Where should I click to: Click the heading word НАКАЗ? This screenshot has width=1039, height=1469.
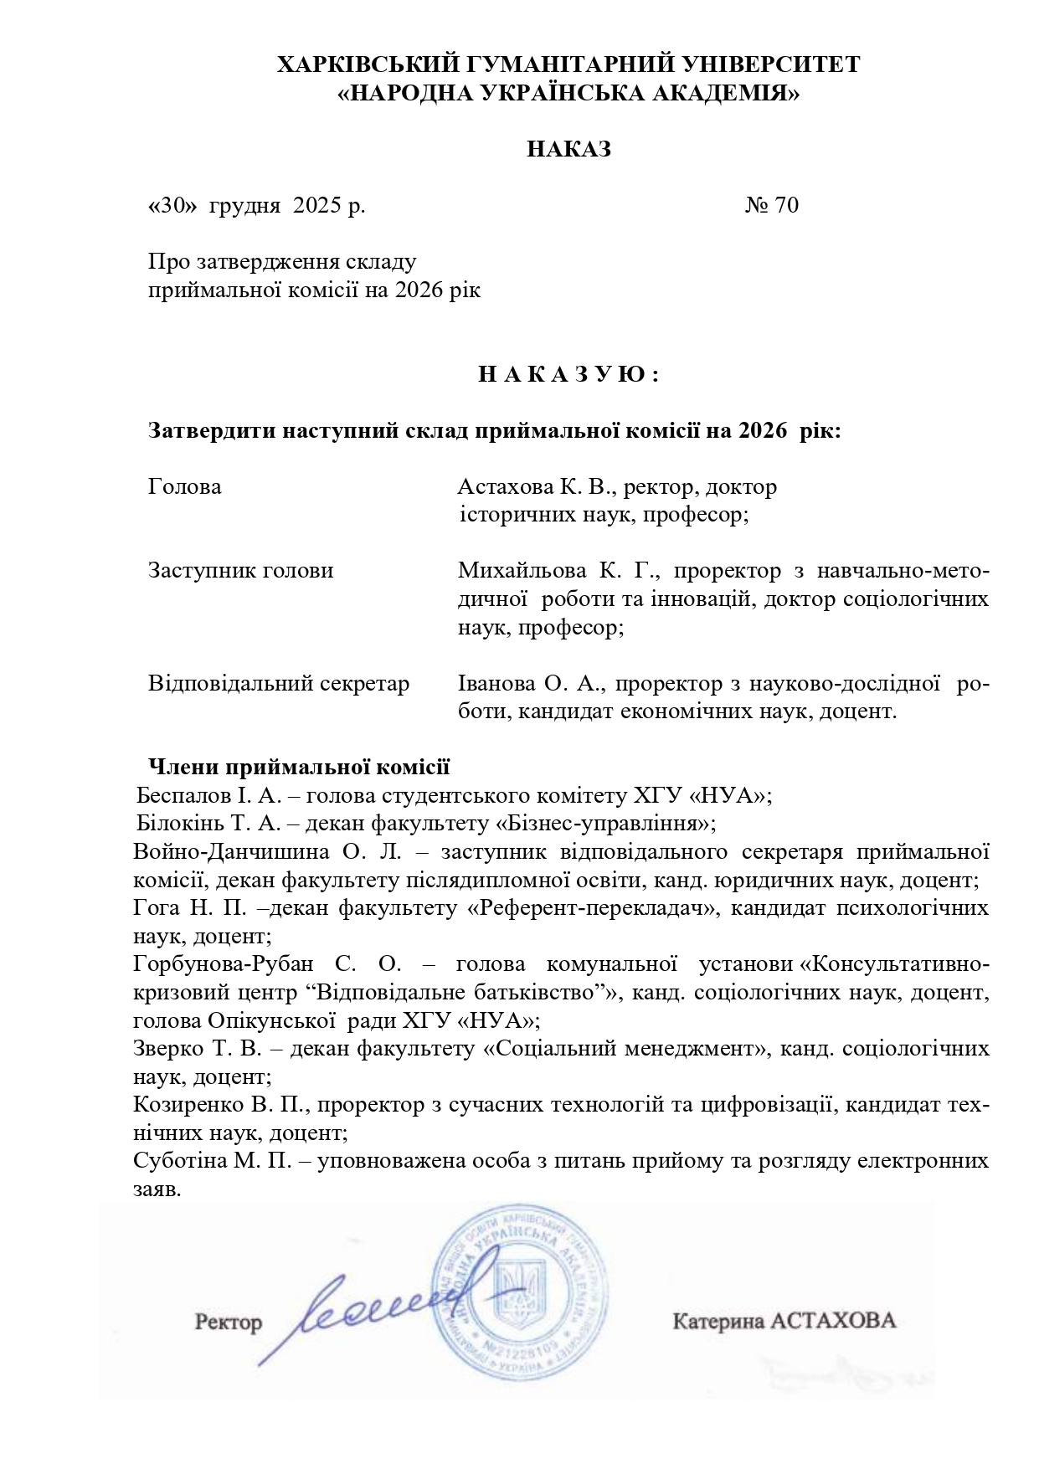(x=568, y=150)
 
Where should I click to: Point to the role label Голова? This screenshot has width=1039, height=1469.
(x=184, y=486)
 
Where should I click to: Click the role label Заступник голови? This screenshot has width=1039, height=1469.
(x=240, y=571)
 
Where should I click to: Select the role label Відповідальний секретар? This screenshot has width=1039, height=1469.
(x=279, y=684)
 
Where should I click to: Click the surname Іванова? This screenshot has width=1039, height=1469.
(x=496, y=684)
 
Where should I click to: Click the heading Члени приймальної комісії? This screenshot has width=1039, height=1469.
(x=299, y=766)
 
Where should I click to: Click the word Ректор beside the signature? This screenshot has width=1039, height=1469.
(x=229, y=1322)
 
